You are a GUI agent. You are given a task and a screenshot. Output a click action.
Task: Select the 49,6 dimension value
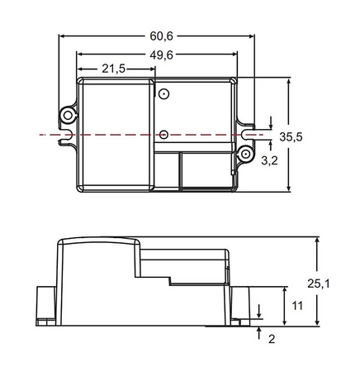point(162,55)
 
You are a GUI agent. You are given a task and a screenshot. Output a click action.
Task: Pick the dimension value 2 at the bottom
point(271,338)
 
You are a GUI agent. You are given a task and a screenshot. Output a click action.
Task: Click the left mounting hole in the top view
point(67,111)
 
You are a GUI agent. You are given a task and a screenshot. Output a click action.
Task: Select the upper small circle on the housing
point(163,95)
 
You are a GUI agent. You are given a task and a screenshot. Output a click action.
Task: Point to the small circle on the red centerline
point(163,133)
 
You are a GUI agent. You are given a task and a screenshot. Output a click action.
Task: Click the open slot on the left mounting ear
point(65,133)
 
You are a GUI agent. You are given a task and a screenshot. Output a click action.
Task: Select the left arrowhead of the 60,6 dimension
point(63,37)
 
